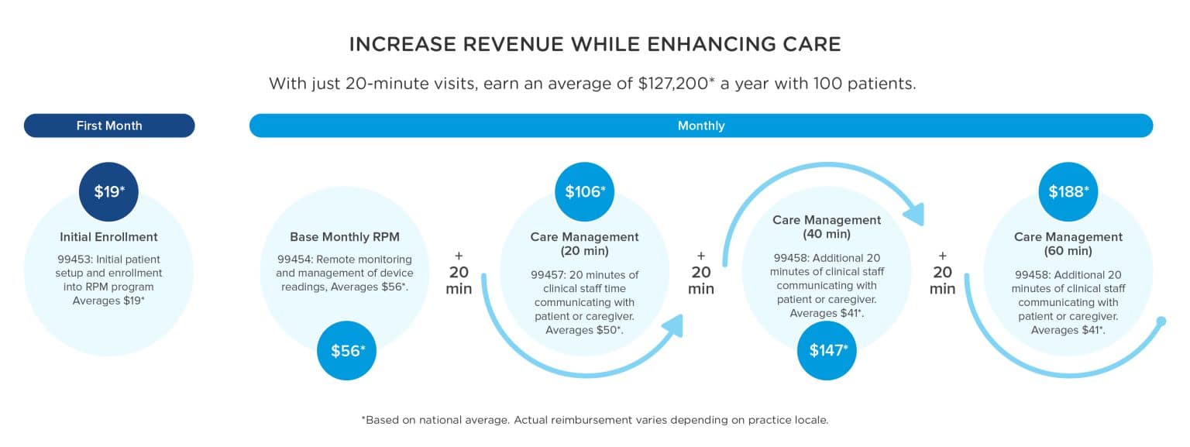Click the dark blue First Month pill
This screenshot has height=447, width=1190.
(x=109, y=126)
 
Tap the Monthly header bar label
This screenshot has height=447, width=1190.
(x=700, y=126)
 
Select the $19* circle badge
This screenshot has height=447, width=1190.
(x=109, y=191)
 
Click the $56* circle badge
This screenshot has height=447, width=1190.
(x=346, y=351)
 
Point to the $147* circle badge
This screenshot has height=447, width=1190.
(x=827, y=350)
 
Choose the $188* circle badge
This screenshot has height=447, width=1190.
(x=1068, y=191)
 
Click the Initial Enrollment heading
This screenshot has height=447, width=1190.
(x=109, y=237)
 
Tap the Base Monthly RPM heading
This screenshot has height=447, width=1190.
(x=344, y=237)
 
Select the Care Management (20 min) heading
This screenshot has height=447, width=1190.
(x=585, y=244)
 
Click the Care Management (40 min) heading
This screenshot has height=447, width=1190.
(x=827, y=227)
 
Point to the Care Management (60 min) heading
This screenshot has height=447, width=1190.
(x=1068, y=244)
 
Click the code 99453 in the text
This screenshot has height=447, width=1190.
(x=74, y=260)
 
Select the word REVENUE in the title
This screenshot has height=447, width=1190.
(x=501, y=44)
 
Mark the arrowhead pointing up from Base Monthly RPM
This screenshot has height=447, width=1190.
(x=675, y=325)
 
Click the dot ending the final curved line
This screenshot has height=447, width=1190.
(x=1161, y=321)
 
